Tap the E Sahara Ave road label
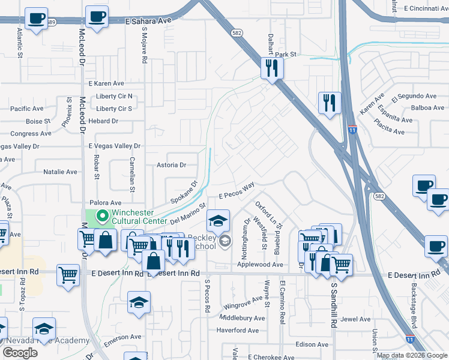(x=148, y=20)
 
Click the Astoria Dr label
(x=172, y=164)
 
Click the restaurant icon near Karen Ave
(x=330, y=103)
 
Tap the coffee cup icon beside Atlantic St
(x=36, y=18)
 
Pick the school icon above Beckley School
(x=218, y=220)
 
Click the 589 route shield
(x=51, y=22)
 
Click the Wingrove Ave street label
(x=244, y=306)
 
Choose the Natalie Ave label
(x=61, y=172)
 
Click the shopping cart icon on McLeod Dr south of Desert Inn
(x=68, y=275)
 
